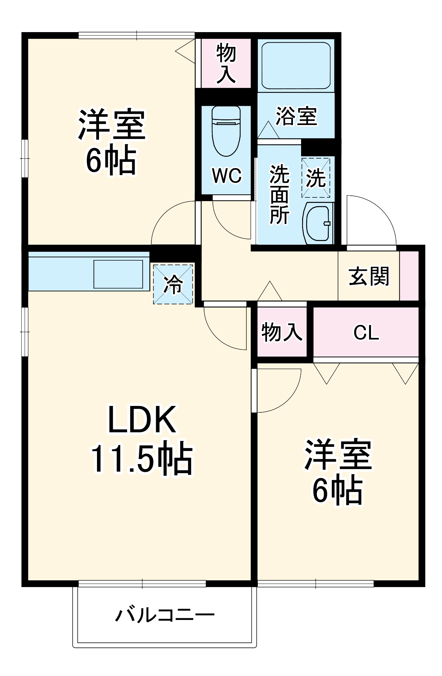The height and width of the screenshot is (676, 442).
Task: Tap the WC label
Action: [x=226, y=175]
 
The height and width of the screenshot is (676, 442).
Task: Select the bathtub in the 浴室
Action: [x=296, y=65]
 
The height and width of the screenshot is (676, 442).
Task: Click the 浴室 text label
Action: [x=296, y=116]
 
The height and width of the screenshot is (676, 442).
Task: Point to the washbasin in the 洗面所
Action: [x=318, y=223]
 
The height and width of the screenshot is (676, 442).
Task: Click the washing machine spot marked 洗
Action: [x=316, y=178]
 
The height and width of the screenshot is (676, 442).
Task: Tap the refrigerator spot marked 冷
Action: [x=173, y=284]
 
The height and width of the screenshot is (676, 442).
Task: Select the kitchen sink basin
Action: [x=118, y=274]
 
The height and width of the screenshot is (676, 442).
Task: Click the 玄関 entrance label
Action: [x=369, y=276]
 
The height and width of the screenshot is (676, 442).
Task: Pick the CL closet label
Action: [x=366, y=333]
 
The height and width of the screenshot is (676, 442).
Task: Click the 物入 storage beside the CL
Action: [x=281, y=332]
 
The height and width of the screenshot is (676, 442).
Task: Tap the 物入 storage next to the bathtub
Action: [x=226, y=63]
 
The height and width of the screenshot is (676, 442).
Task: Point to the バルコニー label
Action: [x=165, y=615]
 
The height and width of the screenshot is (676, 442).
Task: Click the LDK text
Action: [x=142, y=419]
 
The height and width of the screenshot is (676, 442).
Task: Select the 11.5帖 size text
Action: [x=142, y=459]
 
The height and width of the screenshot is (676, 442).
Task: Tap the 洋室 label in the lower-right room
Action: [x=338, y=455]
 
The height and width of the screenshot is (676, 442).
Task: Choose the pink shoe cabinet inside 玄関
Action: [x=409, y=276]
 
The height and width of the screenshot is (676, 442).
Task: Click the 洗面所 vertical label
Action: [x=279, y=194]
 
